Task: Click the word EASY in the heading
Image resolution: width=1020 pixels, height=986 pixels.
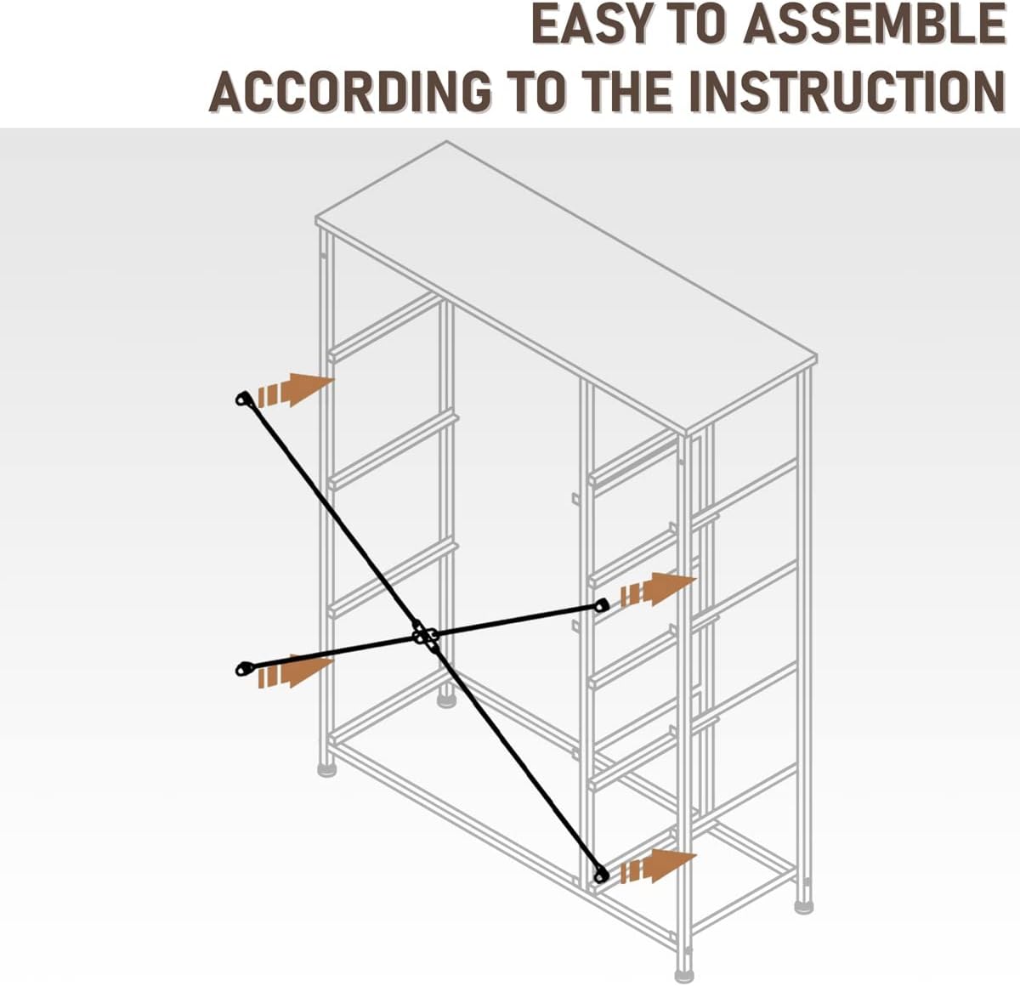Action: (x=592, y=25)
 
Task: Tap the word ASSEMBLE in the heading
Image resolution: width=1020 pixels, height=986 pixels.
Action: (x=875, y=25)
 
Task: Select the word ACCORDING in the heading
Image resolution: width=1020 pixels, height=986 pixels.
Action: (x=349, y=91)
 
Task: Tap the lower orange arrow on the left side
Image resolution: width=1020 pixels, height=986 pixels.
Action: (x=295, y=671)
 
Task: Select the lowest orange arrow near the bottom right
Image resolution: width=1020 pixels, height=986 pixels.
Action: (x=658, y=866)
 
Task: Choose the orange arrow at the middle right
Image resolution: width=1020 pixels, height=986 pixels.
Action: (x=658, y=589)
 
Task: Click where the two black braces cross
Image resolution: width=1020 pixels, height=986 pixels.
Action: (x=424, y=635)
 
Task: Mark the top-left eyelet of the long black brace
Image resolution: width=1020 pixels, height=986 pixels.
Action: (x=243, y=399)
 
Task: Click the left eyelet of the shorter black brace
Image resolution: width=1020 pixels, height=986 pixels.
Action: (x=243, y=669)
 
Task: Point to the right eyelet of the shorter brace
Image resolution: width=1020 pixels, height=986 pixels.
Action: (x=602, y=606)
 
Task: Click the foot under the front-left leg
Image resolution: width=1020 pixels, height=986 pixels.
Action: (x=326, y=769)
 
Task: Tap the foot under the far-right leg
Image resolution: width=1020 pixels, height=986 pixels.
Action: (x=803, y=906)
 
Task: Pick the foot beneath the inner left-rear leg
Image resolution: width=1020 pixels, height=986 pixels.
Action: (x=446, y=701)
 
